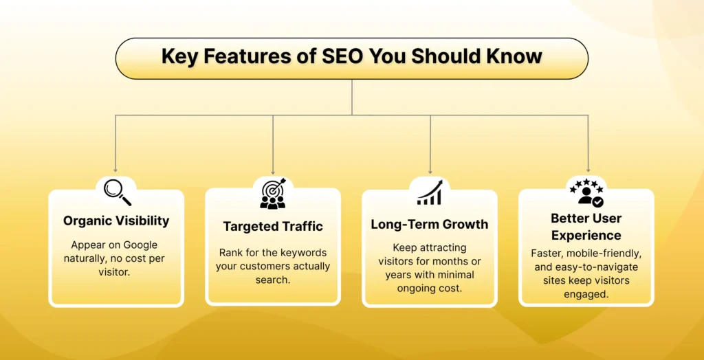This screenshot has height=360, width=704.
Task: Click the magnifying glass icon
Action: point(118,192)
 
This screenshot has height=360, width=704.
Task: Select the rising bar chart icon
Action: point(430,192)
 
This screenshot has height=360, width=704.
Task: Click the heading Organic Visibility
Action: point(116,221)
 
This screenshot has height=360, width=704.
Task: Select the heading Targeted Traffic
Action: point(273,226)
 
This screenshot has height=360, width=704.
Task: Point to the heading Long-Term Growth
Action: point(430,224)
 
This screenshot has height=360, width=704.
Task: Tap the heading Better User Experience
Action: point(586,227)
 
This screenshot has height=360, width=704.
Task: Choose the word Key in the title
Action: point(177,58)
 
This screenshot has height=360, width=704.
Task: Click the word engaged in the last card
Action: point(586,295)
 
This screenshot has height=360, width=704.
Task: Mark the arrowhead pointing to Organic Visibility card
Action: point(115,170)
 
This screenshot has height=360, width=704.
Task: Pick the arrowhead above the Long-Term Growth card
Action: point(430,172)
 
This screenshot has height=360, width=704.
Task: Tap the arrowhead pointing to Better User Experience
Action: point(588,170)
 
